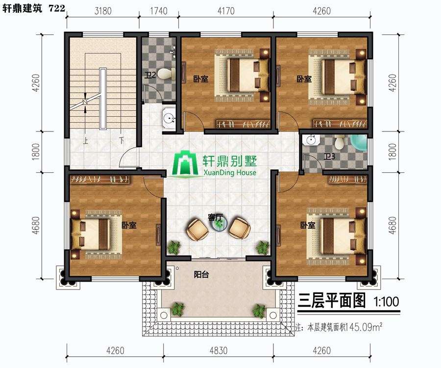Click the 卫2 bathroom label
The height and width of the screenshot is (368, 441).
coord(150,75)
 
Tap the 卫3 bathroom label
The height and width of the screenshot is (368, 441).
coord(329,156)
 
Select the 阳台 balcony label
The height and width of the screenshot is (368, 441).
coord(201,274)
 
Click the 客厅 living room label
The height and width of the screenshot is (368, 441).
coord(215,217)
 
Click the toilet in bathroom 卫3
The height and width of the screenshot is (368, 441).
coord(340,142)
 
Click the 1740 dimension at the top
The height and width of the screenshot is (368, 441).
coord(159,11)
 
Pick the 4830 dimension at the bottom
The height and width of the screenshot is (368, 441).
coord(218,350)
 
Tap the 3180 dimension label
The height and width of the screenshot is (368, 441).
coord(103,11)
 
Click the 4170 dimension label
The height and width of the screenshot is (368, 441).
coord(226,11)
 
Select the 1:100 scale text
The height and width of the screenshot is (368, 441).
coord(386,302)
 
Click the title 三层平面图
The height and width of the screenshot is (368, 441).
coord(332,300)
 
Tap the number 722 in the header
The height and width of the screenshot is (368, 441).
coord(57,8)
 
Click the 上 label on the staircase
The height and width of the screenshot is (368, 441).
coord(85,140)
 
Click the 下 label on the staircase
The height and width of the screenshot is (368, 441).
coord(122,140)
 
